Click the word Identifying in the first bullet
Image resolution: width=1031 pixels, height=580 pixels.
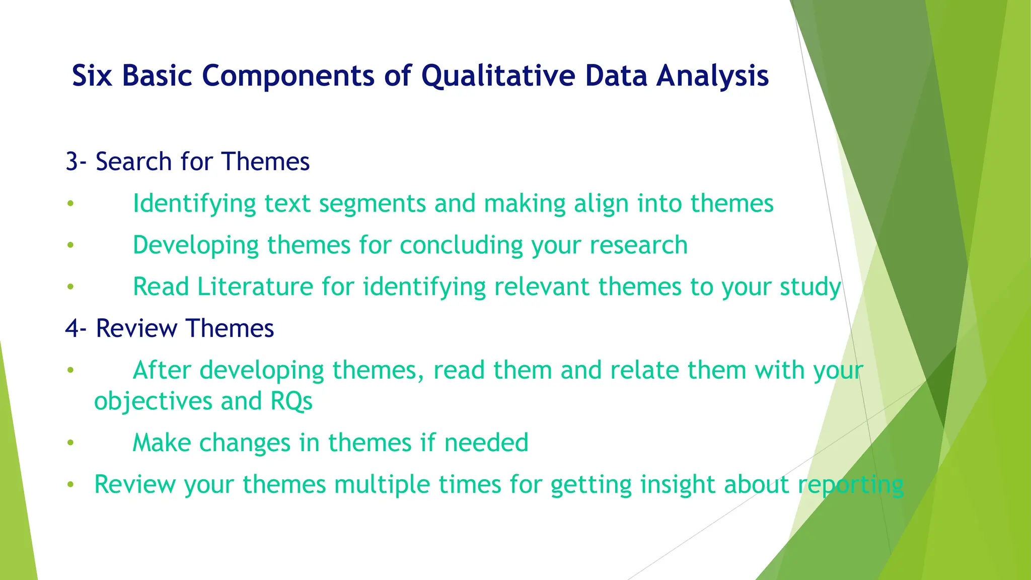[x=194, y=204]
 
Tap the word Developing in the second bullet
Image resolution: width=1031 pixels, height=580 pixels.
[x=195, y=246]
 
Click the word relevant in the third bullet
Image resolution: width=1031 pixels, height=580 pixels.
[x=542, y=287]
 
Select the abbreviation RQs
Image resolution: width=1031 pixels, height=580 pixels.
[x=291, y=401]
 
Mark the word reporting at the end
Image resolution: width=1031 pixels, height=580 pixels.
[x=850, y=485]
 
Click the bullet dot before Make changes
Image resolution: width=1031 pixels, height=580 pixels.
[x=70, y=443]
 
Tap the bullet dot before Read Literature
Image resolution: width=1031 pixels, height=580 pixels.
[x=70, y=287]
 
